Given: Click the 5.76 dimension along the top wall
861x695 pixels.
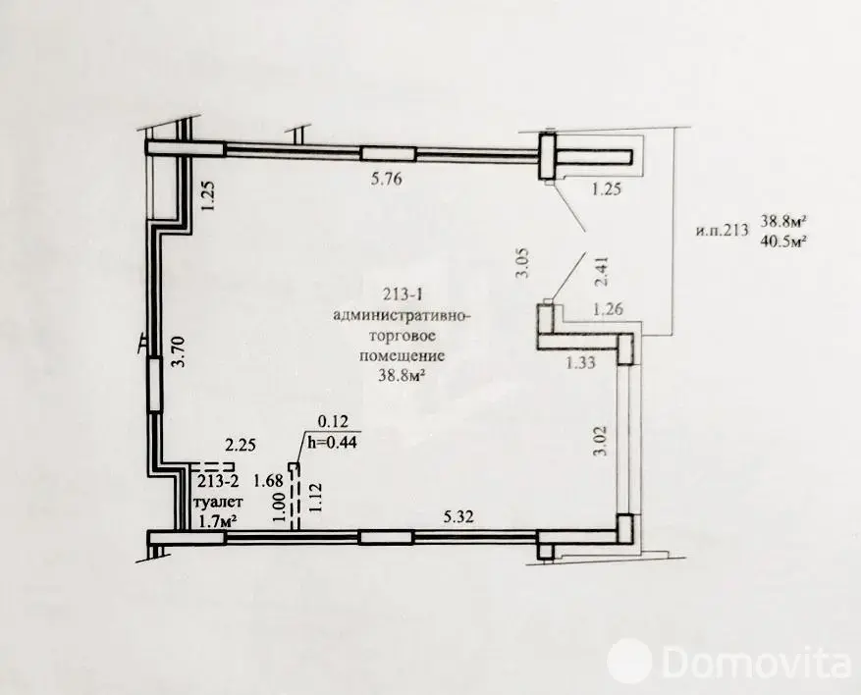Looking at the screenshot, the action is click(386, 179).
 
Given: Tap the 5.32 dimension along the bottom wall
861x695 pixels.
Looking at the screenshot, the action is click(457, 517).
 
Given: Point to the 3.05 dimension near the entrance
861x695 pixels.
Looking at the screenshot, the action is click(522, 263).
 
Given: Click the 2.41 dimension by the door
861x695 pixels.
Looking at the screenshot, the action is click(603, 272).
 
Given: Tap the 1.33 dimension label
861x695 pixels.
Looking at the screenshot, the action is click(580, 362).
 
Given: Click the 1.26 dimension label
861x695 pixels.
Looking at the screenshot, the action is click(608, 309).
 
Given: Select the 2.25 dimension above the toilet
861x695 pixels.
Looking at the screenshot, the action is click(241, 444).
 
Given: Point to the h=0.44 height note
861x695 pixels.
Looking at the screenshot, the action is click(332, 442).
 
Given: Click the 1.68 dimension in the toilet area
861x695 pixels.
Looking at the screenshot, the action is click(268, 481).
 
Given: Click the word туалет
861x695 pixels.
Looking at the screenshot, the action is click(219, 502).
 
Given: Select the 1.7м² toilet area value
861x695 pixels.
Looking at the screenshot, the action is click(217, 521).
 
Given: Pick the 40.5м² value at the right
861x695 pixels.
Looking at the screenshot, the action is click(783, 241).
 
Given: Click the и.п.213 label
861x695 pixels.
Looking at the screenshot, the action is click(723, 230).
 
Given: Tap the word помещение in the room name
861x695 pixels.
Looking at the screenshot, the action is click(402, 355).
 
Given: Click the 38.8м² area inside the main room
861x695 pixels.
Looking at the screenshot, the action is click(402, 376).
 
